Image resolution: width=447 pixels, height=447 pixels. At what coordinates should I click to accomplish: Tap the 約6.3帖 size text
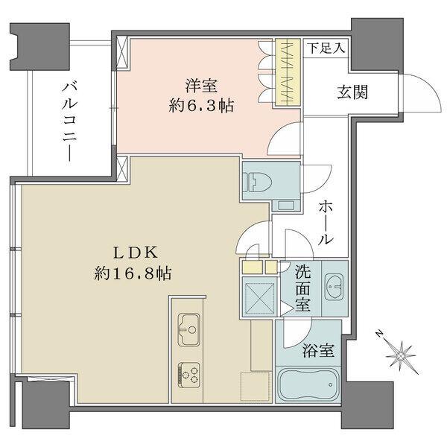click(x=200, y=105)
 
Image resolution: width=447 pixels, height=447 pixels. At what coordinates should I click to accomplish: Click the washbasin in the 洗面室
click(x=335, y=286)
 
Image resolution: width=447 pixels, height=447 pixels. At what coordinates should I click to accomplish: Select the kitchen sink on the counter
click(x=189, y=326)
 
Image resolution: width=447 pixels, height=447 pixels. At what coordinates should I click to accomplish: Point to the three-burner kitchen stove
click(x=189, y=370)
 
